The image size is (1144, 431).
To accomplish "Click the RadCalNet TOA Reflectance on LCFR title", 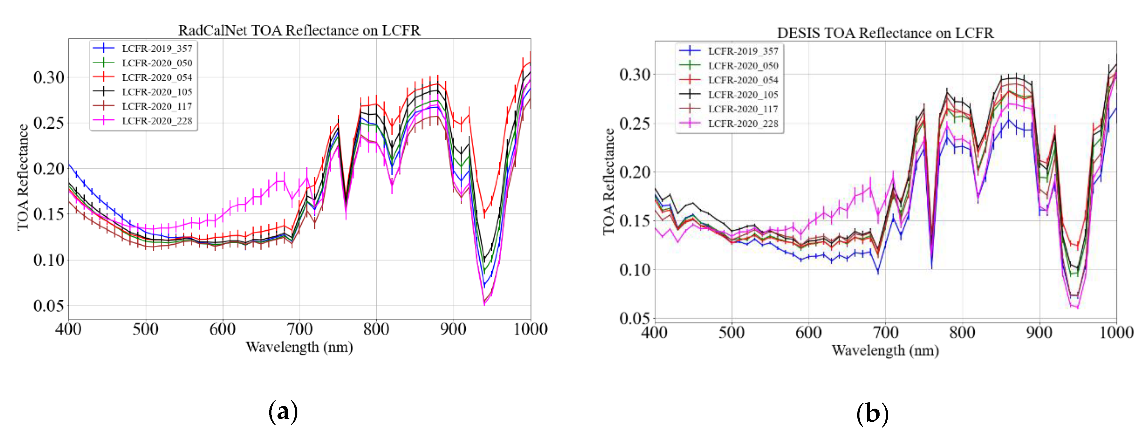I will [299, 30].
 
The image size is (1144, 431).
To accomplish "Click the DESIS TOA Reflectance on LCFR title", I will [885, 33].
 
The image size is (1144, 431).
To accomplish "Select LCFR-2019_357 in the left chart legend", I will [157, 48].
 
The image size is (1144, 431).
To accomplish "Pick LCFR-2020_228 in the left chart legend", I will [157, 120].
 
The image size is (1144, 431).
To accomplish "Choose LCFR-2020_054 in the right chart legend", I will [743, 80].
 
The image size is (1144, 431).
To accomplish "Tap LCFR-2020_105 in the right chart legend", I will [743, 95].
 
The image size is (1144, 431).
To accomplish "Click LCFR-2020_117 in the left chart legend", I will [157, 106].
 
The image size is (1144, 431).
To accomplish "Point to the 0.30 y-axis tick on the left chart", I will [49, 78].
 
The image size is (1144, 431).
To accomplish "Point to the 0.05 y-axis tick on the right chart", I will [635, 318].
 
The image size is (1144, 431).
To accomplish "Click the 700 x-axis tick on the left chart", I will [299, 329].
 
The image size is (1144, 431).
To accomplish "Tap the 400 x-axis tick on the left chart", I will [68, 329].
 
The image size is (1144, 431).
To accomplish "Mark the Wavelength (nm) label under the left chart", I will [299, 347].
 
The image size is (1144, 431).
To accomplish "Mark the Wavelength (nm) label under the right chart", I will [885, 350].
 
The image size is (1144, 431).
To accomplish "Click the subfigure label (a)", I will [283, 412].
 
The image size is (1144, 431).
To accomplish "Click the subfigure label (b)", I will [872, 413].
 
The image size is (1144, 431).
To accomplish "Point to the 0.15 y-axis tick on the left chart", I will [49, 214].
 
